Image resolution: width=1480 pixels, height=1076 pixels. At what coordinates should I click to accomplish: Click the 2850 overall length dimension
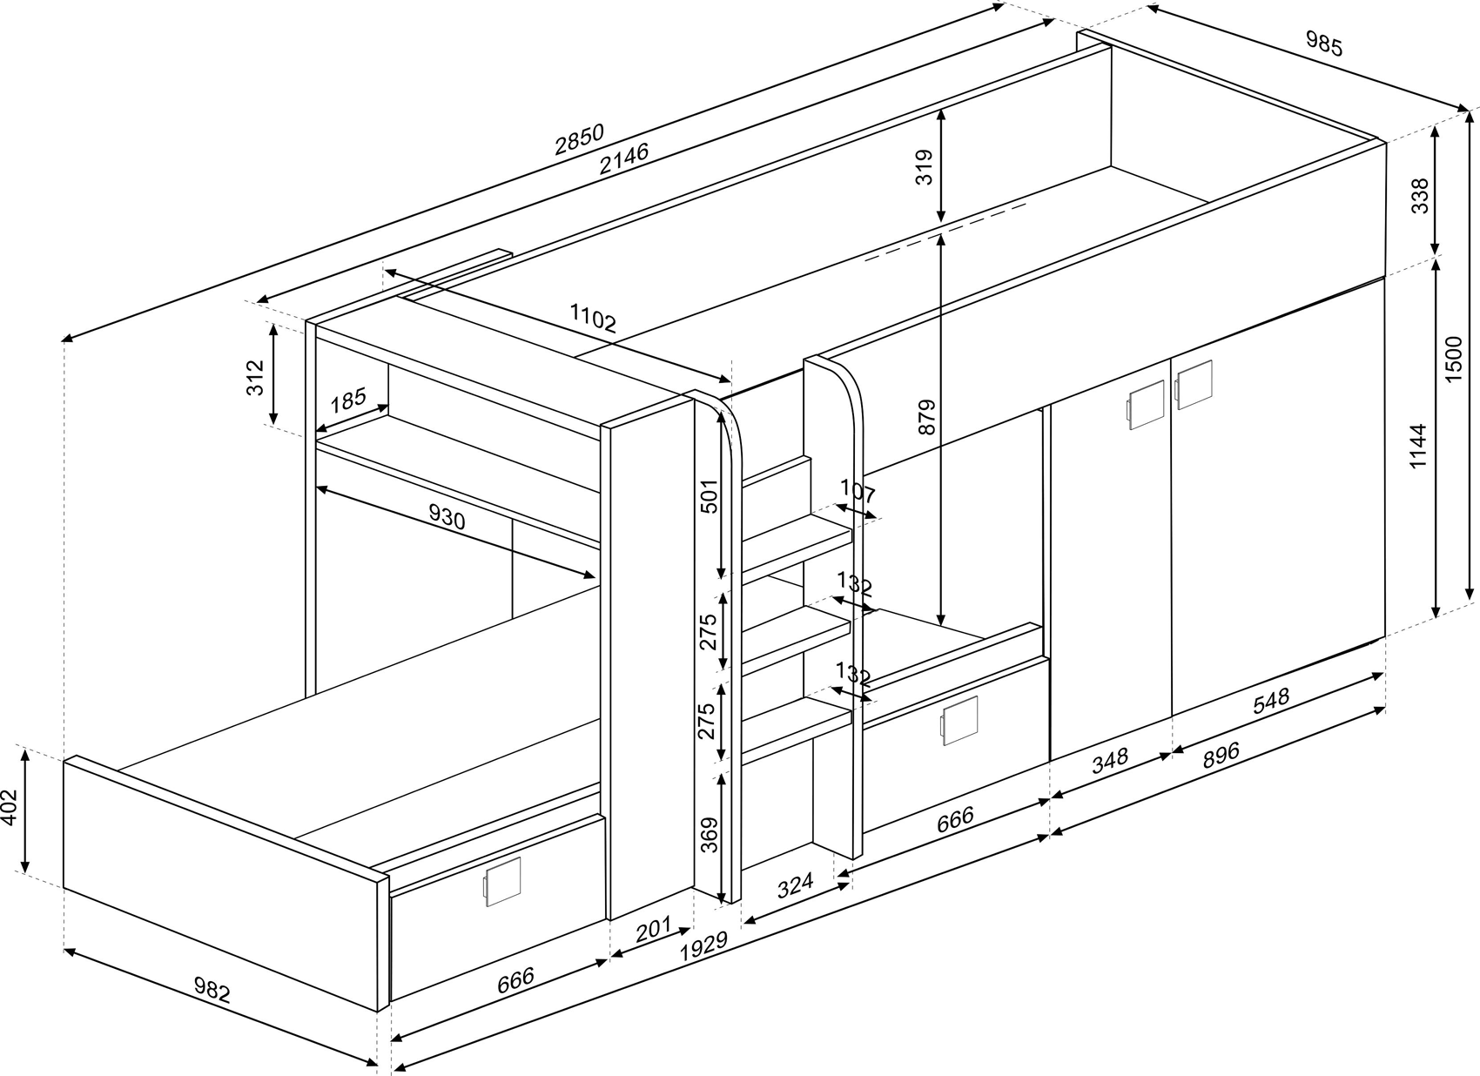tap(579, 139)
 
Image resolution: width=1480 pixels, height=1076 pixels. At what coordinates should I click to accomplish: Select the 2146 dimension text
tap(623, 158)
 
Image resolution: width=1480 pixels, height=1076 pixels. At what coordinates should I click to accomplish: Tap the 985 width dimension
tap(1324, 44)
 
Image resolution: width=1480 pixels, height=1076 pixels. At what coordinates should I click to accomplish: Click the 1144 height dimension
tap(1418, 446)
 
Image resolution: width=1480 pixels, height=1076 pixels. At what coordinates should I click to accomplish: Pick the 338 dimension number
tap(1419, 196)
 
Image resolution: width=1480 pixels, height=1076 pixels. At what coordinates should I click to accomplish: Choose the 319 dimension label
tap(924, 167)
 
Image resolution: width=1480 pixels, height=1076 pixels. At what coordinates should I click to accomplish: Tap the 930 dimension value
tap(447, 518)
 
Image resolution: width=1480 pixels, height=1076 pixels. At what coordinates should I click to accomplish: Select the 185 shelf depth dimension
tap(347, 400)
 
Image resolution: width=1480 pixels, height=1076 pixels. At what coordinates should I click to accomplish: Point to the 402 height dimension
tap(9, 810)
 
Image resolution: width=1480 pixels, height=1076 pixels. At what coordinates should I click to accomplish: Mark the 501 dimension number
tap(710, 496)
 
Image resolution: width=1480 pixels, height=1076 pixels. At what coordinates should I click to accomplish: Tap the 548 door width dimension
tap(1270, 702)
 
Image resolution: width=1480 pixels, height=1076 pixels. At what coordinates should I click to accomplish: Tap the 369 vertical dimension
tap(710, 835)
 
